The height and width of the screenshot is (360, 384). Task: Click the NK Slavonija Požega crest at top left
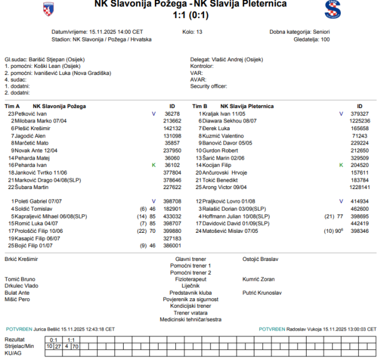click(x=48, y=8)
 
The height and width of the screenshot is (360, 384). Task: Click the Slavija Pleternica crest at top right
click(x=332, y=9)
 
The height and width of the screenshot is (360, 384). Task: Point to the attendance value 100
click(x=325, y=40)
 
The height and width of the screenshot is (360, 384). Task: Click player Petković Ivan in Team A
click(x=31, y=113)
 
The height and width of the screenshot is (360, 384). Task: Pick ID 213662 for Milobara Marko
click(x=172, y=121)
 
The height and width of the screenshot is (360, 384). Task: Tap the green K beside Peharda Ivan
click(x=154, y=165)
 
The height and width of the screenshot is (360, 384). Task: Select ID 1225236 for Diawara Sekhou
click(x=360, y=121)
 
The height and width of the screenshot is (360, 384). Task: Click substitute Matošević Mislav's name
click(x=226, y=230)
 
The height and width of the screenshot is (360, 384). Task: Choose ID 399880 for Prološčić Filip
click(x=172, y=230)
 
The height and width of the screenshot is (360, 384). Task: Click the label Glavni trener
click(x=190, y=259)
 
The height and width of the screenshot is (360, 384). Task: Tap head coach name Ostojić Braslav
click(x=260, y=259)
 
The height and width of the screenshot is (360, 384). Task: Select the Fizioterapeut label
click(x=190, y=279)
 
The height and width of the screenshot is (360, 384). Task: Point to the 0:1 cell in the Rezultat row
click(x=53, y=340)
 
